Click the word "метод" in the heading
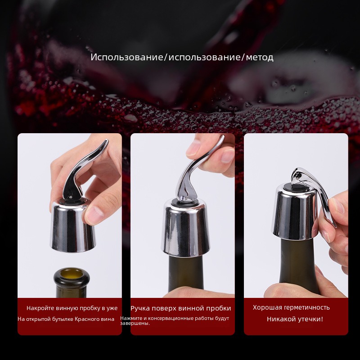coord(260,57)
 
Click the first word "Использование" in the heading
coord(127,57)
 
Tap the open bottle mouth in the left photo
coord(72,274)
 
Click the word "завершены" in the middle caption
coord(135,323)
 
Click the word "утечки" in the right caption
coord(310,319)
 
